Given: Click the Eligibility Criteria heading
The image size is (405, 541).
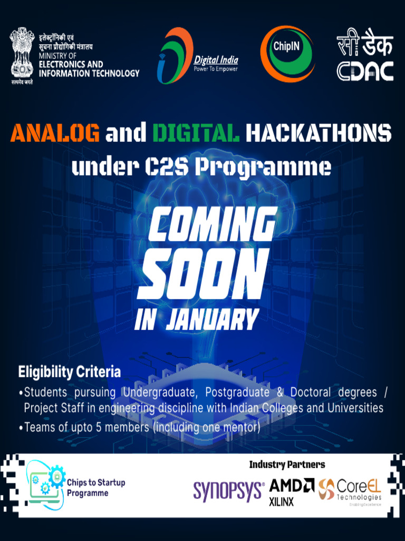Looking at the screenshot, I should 70,372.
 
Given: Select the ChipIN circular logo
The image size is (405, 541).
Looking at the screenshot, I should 287,53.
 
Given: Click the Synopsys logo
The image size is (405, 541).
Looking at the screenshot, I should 228,491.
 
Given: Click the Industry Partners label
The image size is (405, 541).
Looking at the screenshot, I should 287,465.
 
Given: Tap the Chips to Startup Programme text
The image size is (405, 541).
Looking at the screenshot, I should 95,488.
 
